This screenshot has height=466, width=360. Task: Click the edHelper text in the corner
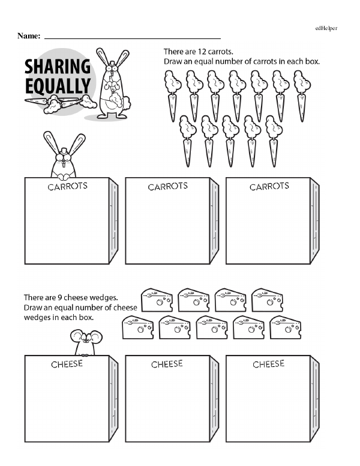click(x=326, y=28)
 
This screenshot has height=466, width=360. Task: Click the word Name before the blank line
click(x=28, y=35)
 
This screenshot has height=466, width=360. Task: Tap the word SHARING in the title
click(x=58, y=66)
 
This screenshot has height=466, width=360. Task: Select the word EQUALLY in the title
click(x=58, y=86)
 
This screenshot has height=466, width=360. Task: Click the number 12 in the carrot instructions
click(x=202, y=52)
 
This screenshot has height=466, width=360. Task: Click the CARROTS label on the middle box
click(x=168, y=186)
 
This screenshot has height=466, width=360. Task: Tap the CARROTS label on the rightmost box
click(x=269, y=186)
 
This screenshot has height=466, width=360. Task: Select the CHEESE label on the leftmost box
click(x=67, y=364)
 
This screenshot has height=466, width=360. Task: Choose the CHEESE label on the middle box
click(x=167, y=364)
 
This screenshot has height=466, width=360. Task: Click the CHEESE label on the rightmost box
click(x=269, y=364)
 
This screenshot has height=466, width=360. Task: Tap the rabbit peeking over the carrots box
click(x=64, y=156)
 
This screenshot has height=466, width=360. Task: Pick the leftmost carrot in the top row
click(x=172, y=96)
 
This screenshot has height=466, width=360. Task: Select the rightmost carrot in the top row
click(x=302, y=96)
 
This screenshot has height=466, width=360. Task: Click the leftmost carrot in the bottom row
click(x=188, y=141)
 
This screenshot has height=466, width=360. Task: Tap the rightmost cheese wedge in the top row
click(x=267, y=300)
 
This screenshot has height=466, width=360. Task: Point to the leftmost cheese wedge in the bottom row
click(x=138, y=327)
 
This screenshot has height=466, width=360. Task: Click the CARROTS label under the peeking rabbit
click(x=67, y=186)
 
